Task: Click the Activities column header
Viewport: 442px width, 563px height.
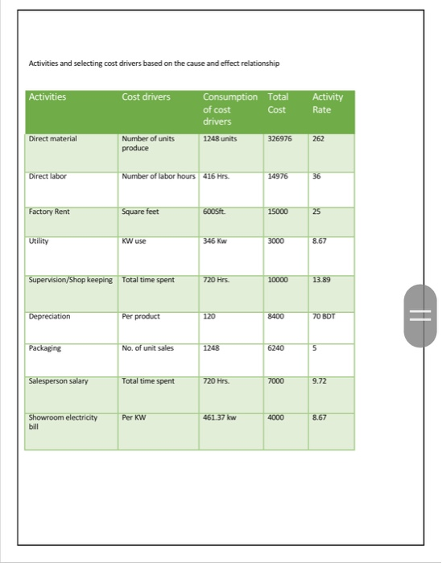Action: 48,97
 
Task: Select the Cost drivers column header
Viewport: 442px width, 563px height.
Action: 146,97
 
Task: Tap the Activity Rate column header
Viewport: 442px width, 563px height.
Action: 328,102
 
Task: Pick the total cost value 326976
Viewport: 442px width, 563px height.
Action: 280,138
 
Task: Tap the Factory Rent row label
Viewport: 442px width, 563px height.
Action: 49,212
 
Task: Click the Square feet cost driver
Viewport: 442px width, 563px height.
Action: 139,212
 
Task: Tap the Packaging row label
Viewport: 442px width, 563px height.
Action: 45,348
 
